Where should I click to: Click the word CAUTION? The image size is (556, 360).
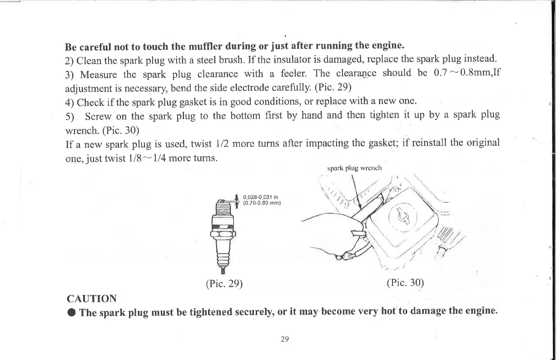coord(91,299)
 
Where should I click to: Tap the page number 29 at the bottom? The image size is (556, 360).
coord(285,339)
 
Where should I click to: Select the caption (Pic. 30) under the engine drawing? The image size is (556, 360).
coord(405,282)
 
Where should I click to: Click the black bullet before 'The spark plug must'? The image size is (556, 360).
coord(70,313)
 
